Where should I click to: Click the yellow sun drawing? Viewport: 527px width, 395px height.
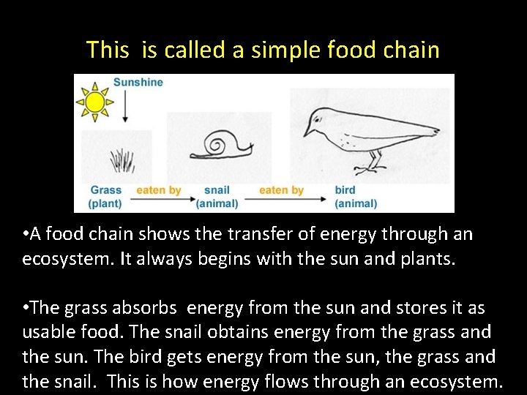click(x=95, y=101)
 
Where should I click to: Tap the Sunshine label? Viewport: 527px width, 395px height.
click(x=138, y=82)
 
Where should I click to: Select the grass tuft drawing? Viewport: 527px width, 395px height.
click(x=122, y=159)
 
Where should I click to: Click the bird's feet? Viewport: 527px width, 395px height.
click(x=366, y=169)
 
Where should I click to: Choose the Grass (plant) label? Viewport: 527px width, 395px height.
click(x=105, y=197)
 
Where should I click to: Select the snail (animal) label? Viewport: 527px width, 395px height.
click(x=217, y=197)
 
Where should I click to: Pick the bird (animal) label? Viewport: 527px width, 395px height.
click(x=356, y=197)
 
